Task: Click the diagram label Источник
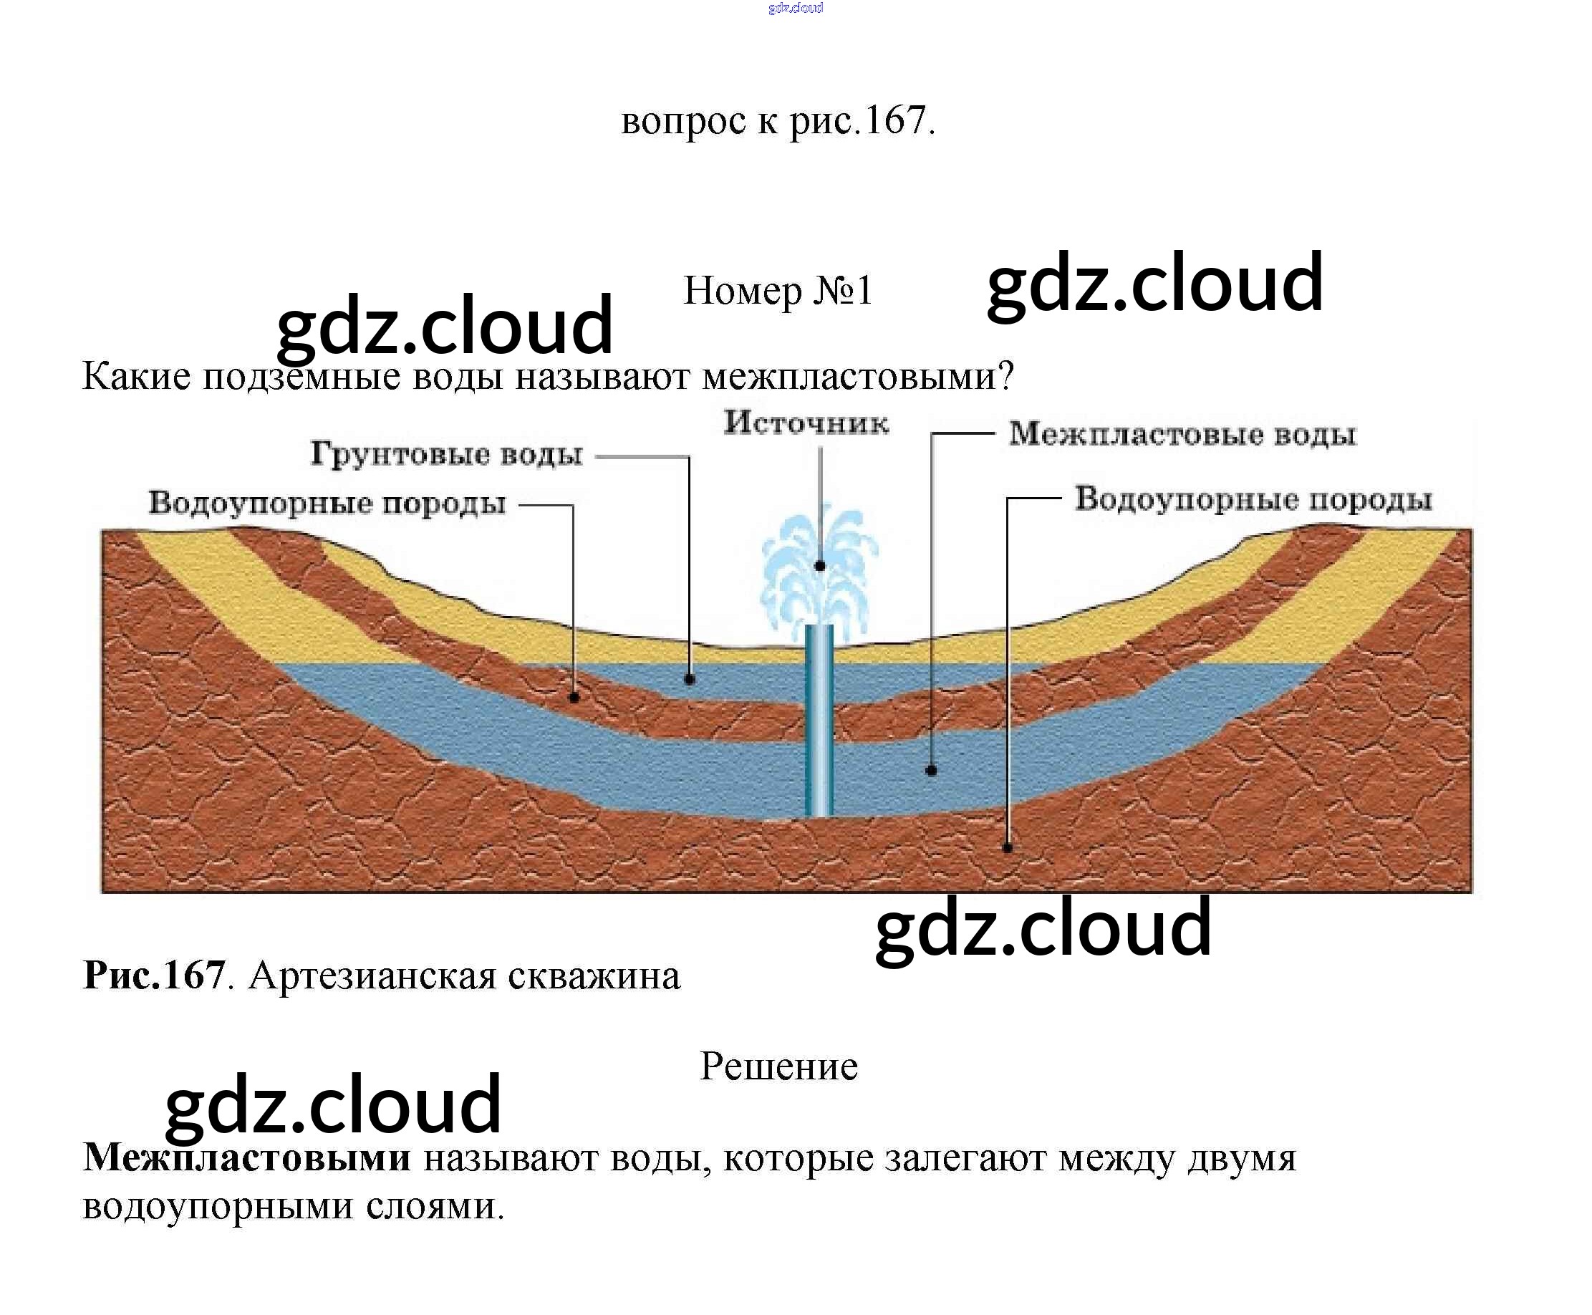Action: (805, 423)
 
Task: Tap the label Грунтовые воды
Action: (447, 455)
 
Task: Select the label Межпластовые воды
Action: (1182, 435)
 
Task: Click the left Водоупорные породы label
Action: (327, 504)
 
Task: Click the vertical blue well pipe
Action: (819, 720)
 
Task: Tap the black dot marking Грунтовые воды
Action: (689, 680)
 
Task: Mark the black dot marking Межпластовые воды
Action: (932, 771)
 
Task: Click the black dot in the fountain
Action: (819, 566)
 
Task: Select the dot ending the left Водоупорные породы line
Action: (574, 698)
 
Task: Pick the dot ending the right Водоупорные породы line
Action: (1008, 847)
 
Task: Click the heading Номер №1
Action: (778, 291)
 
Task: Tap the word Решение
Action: (778, 1066)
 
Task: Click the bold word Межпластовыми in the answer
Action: (247, 1157)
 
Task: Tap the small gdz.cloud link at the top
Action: (795, 9)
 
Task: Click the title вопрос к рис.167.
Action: (778, 120)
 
